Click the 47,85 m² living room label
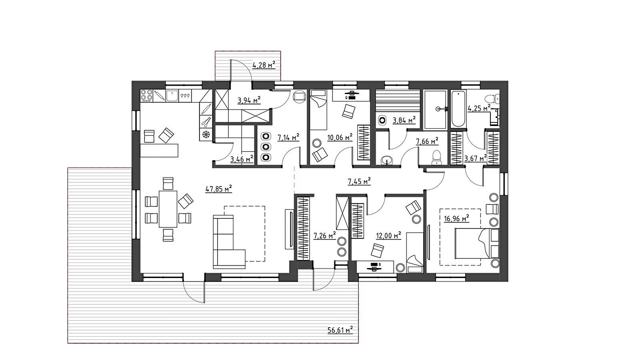(218, 188)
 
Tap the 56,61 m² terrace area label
(340, 330)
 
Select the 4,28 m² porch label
(264, 65)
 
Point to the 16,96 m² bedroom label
(456, 219)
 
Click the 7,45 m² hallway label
(359, 181)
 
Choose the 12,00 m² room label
(388, 236)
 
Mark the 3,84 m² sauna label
(404, 120)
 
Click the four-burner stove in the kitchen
(146, 96)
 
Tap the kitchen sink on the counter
(172, 96)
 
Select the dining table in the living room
(168, 209)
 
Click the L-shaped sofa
(229, 242)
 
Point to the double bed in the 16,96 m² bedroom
(477, 244)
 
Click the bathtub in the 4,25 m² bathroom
(458, 108)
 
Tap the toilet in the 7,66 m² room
(436, 158)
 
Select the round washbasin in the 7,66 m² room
(387, 160)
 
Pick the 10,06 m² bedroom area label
(340, 138)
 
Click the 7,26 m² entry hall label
(325, 236)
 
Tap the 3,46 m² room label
(242, 159)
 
